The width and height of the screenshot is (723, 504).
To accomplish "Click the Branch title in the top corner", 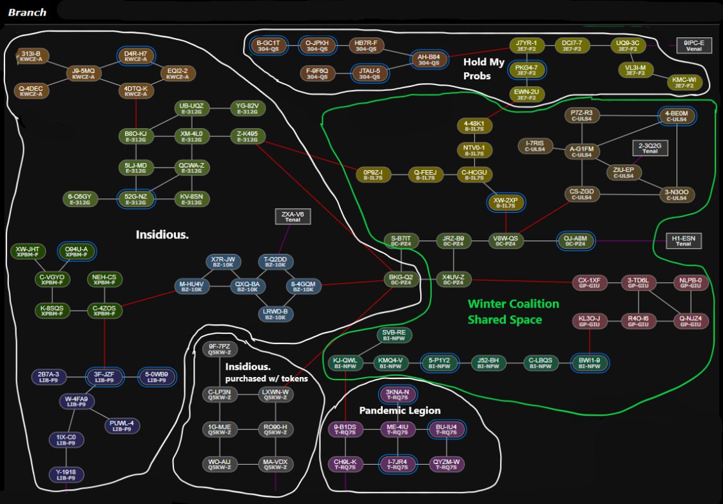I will [x=27, y=12].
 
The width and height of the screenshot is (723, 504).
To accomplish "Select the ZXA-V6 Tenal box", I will [x=293, y=217].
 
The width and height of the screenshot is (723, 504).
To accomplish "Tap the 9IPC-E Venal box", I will [x=694, y=45].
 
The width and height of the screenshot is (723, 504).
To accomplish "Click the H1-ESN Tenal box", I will [x=683, y=240].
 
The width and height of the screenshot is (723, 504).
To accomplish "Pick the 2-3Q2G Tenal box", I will [x=650, y=148].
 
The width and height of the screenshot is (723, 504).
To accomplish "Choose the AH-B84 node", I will [x=429, y=59].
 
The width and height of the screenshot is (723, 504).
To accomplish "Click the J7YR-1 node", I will [x=526, y=46].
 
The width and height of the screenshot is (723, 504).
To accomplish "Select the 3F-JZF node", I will [x=104, y=377].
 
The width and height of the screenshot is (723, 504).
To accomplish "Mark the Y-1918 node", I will [x=66, y=476].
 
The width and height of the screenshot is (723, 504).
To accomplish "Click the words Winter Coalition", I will [x=513, y=304].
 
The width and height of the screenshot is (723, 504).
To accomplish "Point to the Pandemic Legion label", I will [x=400, y=411].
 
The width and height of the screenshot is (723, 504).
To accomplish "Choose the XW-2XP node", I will [x=505, y=203].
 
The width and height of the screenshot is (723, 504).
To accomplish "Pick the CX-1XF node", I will [x=589, y=283].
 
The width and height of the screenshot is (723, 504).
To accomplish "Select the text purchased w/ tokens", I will [x=266, y=378].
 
